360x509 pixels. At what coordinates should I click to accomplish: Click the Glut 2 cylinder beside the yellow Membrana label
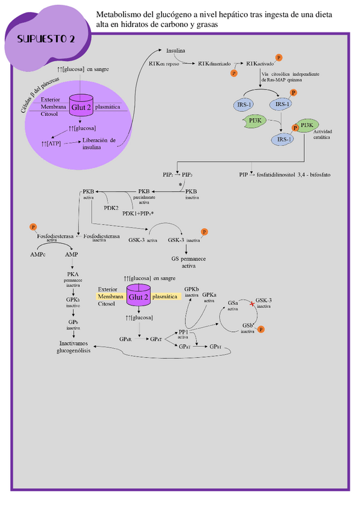(139, 297)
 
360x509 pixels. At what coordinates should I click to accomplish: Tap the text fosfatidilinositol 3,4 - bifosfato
(294, 174)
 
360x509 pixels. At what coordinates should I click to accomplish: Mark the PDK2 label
(111, 207)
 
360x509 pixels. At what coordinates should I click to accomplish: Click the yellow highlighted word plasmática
(165, 297)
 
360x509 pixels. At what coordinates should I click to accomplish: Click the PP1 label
(184, 331)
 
